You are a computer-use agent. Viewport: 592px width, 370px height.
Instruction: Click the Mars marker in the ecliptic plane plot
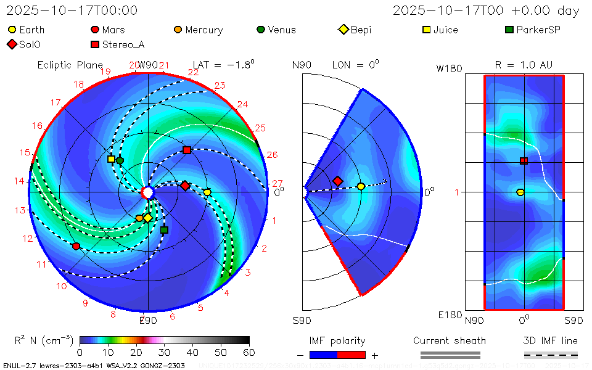(x=76, y=246)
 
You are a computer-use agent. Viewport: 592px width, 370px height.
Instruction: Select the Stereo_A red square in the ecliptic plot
(x=187, y=150)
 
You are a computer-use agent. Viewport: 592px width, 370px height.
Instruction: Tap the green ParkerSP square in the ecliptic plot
(x=164, y=230)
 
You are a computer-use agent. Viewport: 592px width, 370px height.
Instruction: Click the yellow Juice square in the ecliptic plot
(x=111, y=159)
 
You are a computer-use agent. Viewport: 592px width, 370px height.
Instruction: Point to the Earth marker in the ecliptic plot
(x=207, y=192)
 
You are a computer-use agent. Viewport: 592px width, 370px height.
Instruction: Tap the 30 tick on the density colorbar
(x=165, y=352)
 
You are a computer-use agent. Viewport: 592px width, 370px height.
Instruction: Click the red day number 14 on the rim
(x=20, y=181)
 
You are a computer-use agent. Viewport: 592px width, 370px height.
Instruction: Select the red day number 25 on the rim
(x=260, y=128)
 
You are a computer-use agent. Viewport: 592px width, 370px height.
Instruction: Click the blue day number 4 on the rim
(x=226, y=293)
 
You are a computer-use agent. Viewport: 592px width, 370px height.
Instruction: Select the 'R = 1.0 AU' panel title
(x=524, y=65)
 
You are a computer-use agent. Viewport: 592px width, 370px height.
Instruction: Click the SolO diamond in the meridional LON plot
(x=337, y=181)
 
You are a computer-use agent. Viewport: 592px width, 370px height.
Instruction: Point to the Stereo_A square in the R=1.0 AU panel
(x=524, y=161)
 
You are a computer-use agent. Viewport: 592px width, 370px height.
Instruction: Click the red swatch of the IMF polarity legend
(x=351, y=355)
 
